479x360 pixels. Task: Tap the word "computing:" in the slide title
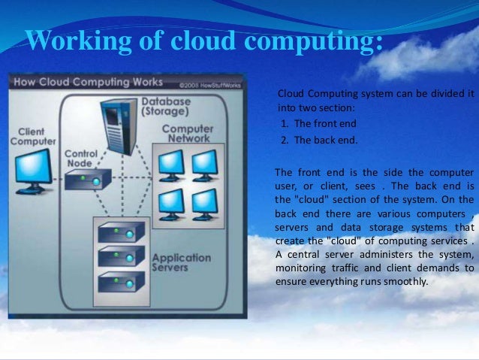pyautogui.click(x=318, y=41)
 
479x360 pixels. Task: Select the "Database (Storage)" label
pyautogui.click(x=167, y=106)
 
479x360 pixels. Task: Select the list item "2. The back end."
pyautogui.click(x=318, y=140)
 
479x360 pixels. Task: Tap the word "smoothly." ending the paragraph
pyautogui.click(x=403, y=283)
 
